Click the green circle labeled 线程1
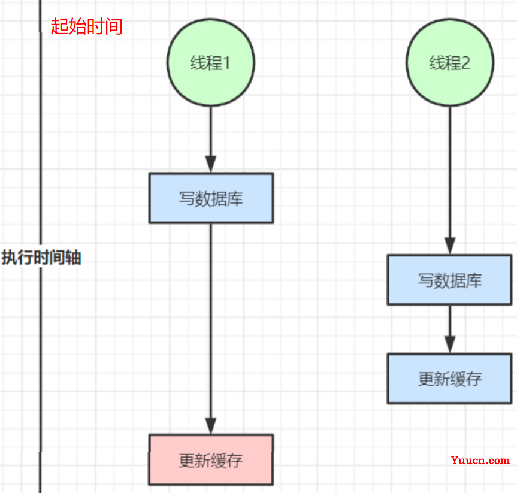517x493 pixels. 210,62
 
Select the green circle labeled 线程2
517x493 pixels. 449,62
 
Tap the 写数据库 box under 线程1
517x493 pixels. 211,198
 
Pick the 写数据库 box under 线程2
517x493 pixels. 449,280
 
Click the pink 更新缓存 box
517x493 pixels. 211,459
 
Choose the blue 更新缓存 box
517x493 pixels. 449,378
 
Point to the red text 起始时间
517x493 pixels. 87,26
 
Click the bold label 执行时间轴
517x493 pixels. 41,258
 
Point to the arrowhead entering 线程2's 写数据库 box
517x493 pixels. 449,246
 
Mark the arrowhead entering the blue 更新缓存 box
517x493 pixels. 449,344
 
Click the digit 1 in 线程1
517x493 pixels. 226,63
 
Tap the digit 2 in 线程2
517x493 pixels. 465,63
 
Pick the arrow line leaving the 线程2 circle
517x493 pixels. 449,174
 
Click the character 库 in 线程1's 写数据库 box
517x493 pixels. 235,199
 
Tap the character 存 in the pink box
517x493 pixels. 235,460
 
